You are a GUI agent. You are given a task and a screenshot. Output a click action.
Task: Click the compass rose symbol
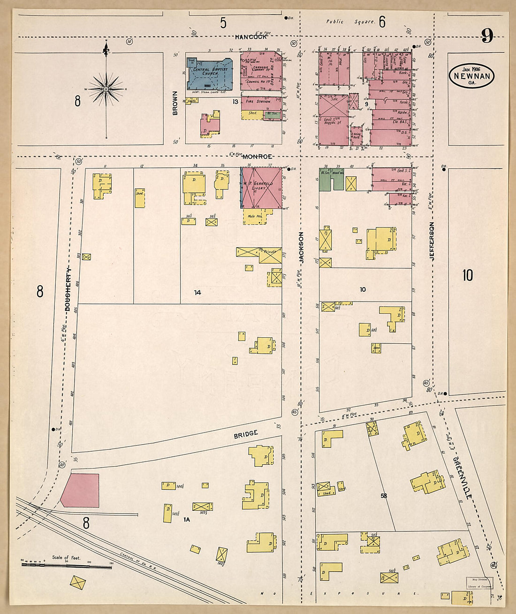[x=106, y=89]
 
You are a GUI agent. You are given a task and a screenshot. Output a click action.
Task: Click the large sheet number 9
[x=487, y=36]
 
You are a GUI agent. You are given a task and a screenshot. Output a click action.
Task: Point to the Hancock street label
[x=251, y=37]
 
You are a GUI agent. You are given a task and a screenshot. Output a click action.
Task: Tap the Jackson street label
[x=302, y=247]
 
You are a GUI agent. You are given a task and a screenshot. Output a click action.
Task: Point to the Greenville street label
[x=463, y=477]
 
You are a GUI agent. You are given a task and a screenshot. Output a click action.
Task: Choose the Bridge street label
[x=246, y=434]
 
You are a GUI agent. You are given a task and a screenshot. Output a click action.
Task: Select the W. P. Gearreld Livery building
[x=261, y=188]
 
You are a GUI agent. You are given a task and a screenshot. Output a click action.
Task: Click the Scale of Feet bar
[x=67, y=565]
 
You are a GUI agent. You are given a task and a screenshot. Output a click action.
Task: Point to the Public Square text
[x=350, y=22]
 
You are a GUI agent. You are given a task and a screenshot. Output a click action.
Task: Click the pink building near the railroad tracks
[x=81, y=490]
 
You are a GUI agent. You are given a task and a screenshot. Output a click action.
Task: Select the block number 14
[x=197, y=292]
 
